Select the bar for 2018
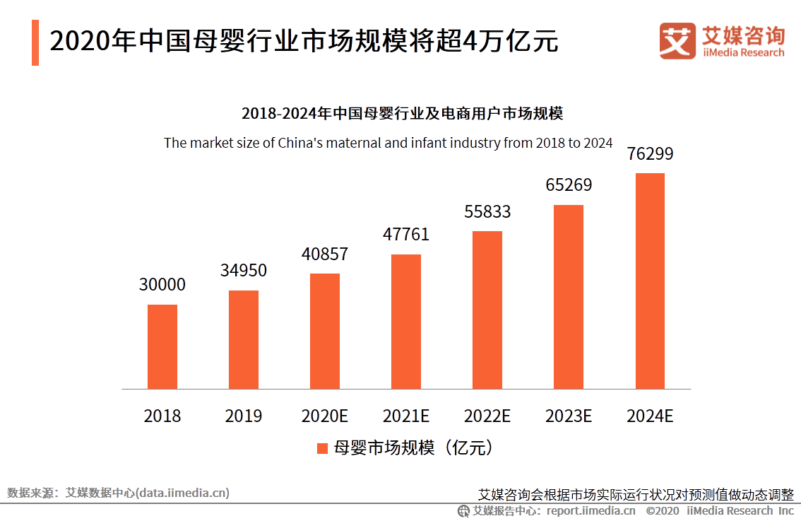click(x=162, y=346)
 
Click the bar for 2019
click(x=243, y=339)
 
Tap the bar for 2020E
click(x=325, y=331)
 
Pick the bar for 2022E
click(x=487, y=310)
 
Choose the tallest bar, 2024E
click(x=650, y=281)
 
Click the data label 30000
click(x=162, y=285)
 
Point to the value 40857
click(x=325, y=254)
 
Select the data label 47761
click(x=406, y=235)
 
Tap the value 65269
click(x=569, y=185)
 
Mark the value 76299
click(x=650, y=153)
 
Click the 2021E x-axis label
click(x=406, y=416)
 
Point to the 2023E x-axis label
click(x=569, y=416)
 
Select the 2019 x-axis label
click(x=243, y=416)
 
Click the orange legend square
click(x=322, y=448)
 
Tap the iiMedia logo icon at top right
click(x=677, y=41)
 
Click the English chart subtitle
click(x=388, y=142)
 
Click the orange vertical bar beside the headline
click(x=35, y=42)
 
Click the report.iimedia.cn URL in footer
click(x=591, y=510)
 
